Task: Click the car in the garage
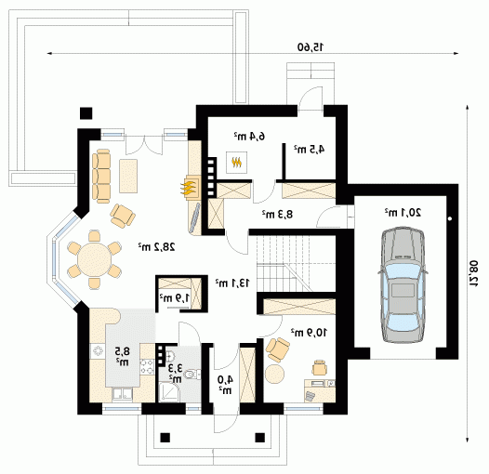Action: [x=403, y=285]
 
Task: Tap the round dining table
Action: [x=95, y=259]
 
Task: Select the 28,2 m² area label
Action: [x=157, y=247]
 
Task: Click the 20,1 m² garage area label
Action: [x=403, y=213]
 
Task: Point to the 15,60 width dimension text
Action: [x=311, y=47]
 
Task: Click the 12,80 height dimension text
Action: [x=474, y=274]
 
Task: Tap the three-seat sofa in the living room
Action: [x=101, y=176]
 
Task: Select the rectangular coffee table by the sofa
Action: [x=128, y=176]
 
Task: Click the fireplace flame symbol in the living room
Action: [x=189, y=189]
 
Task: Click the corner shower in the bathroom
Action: [x=168, y=392]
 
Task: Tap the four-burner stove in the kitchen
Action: [x=147, y=367]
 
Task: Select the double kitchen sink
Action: [x=123, y=394]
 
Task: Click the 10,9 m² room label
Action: [x=309, y=333]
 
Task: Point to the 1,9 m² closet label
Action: [x=175, y=297]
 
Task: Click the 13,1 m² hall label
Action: [x=232, y=283]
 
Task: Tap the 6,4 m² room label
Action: [x=249, y=136]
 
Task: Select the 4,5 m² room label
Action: [x=309, y=149]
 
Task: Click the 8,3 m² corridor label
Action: [x=277, y=215]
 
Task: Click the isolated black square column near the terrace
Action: [x=86, y=113]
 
